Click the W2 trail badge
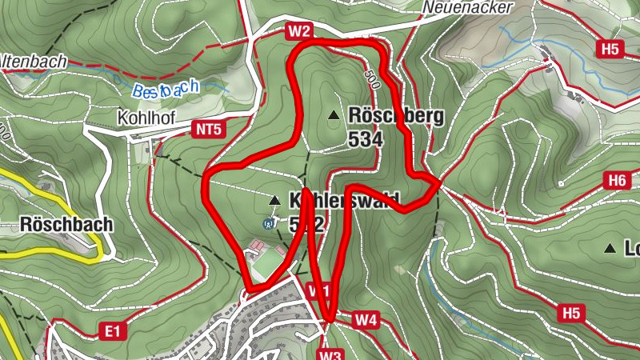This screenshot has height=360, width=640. point(298,31)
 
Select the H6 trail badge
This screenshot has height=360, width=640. point(616,181)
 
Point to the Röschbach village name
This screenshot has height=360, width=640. point(67,224)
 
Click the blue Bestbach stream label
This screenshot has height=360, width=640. point(166,90)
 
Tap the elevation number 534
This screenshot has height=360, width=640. point(366,138)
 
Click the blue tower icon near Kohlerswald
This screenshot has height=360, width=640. point(268,223)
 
